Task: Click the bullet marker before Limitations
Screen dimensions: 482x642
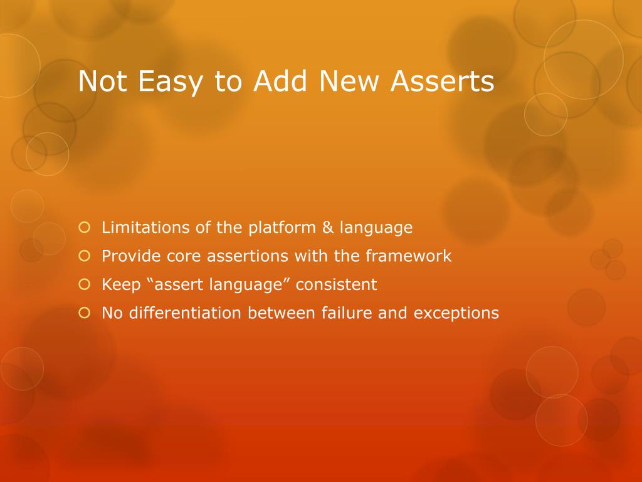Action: point(85,227)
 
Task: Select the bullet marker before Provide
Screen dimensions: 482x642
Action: point(85,255)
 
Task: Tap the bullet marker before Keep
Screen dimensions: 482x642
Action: point(85,284)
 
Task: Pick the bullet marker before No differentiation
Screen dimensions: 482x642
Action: point(85,313)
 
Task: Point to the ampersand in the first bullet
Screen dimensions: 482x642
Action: point(328,227)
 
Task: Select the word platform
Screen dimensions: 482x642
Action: point(278,228)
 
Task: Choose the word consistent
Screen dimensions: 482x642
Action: point(336,284)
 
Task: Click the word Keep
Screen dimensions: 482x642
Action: point(120,285)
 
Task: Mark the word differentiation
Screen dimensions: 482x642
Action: point(186,313)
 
